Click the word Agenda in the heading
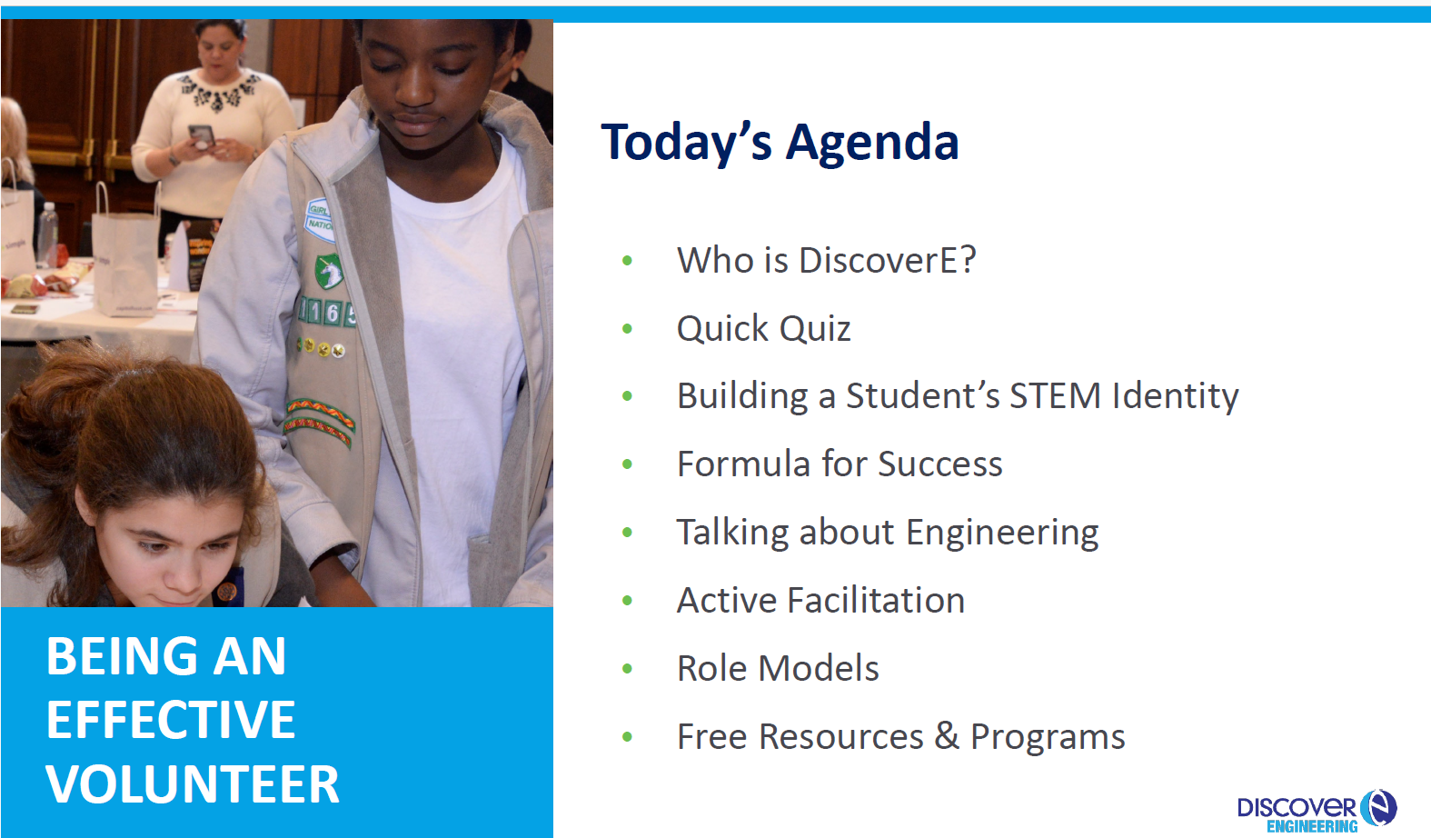click(872, 144)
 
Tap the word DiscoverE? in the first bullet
click(888, 260)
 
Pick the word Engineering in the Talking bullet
click(1002, 534)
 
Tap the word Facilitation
click(876, 600)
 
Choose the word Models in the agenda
click(819, 669)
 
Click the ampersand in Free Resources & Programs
click(947, 735)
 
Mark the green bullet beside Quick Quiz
click(627, 328)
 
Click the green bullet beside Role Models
click(627, 669)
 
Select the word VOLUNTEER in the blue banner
click(193, 784)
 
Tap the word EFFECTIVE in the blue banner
click(171, 720)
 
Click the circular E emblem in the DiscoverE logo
click(1378, 807)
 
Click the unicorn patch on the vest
click(329, 271)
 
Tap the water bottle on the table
click(47, 234)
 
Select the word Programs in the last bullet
click(1048, 737)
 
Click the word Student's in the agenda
click(923, 395)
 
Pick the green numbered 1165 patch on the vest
click(328, 313)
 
